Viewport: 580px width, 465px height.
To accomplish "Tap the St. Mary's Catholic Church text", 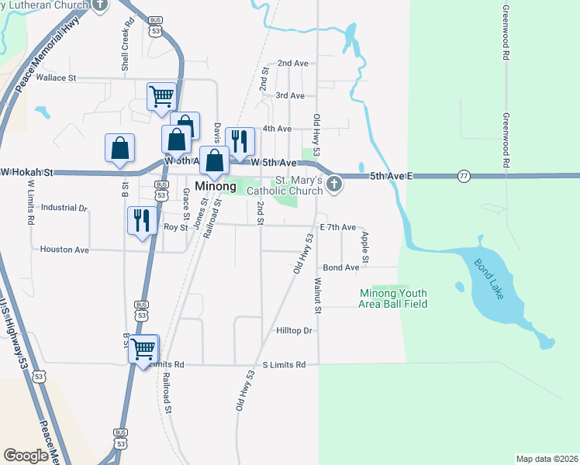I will [289, 185].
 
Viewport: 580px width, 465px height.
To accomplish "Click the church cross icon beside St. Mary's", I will [334, 184].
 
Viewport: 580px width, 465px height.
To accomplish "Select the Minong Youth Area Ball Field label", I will [392, 298].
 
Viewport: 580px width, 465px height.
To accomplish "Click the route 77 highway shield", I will [463, 176].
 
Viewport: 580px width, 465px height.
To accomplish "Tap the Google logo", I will [26, 456].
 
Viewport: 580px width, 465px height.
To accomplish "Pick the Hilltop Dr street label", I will [294, 331].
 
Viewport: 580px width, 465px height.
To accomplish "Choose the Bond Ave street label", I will [341, 267].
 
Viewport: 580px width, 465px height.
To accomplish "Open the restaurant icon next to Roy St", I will [141, 220].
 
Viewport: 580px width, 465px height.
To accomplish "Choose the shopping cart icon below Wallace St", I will [161, 97].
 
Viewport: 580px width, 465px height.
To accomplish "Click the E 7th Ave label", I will [337, 228].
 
